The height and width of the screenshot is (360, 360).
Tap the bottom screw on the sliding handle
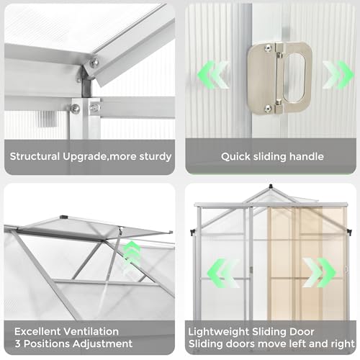267,108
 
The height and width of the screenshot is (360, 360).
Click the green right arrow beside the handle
336,75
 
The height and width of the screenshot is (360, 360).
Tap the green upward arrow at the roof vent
132,253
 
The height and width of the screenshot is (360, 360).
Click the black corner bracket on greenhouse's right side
349,232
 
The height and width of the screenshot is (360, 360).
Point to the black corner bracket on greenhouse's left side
192,232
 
